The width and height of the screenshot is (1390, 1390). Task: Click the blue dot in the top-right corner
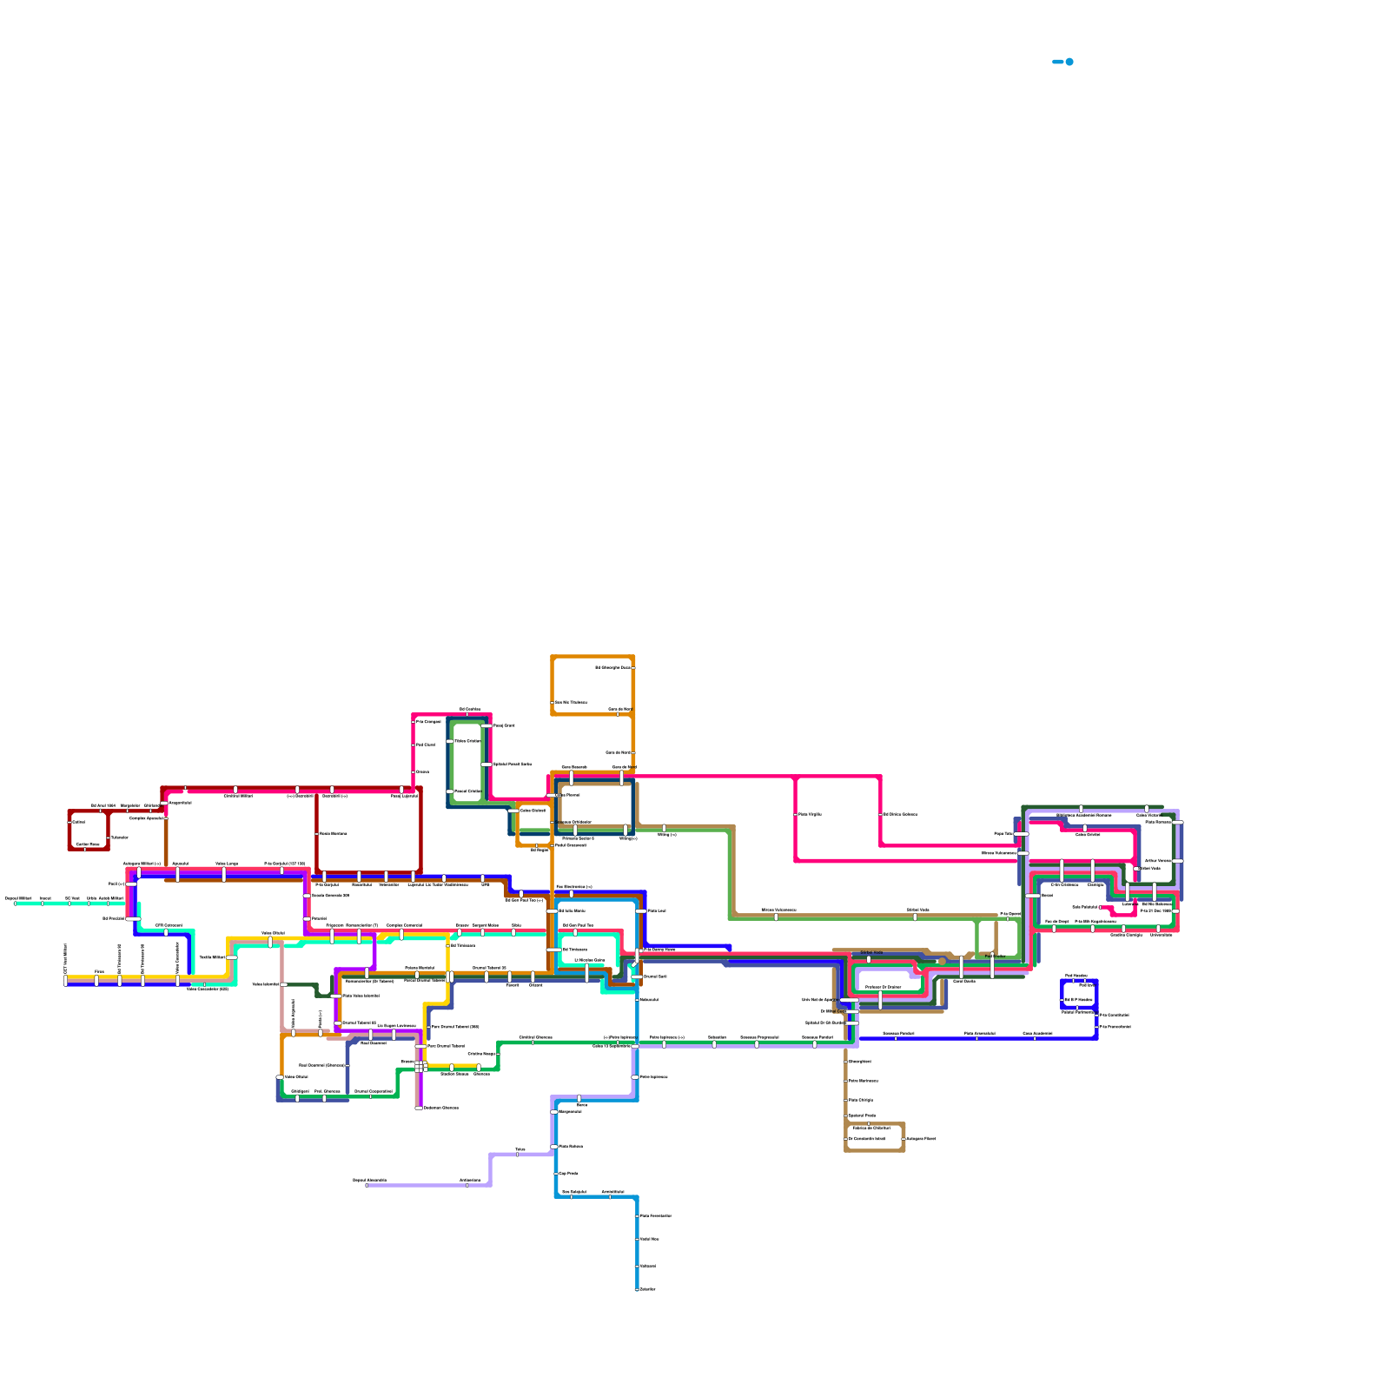[x=1069, y=62]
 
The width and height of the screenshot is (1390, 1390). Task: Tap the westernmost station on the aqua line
[x=15, y=903]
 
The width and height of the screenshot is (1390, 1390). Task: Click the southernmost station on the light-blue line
[x=637, y=1289]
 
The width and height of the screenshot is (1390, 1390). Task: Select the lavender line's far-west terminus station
[x=367, y=1185]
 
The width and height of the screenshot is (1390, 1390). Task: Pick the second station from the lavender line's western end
[x=467, y=1185]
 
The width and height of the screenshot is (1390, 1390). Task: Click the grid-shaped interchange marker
[x=420, y=1066]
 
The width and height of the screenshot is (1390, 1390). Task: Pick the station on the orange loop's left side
[x=553, y=702]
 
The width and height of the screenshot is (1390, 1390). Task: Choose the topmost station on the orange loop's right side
[x=633, y=667]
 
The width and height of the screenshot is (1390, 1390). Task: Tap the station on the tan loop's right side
[x=903, y=1139]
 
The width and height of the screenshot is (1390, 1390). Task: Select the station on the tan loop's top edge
[x=869, y=1124]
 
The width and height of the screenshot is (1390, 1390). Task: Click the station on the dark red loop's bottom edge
[x=85, y=849]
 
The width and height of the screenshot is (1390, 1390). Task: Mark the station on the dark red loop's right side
[x=109, y=837]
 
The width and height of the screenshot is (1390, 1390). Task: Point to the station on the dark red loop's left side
[x=69, y=822]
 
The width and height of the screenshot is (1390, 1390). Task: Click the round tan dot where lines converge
[x=942, y=962]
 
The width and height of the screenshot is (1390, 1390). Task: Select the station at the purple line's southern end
[x=419, y=1108]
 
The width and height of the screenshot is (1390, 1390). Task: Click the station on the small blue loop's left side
[x=1062, y=1000]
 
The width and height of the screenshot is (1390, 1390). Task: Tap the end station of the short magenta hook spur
[x=1102, y=907]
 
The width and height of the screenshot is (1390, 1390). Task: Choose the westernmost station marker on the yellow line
[x=65, y=980]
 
